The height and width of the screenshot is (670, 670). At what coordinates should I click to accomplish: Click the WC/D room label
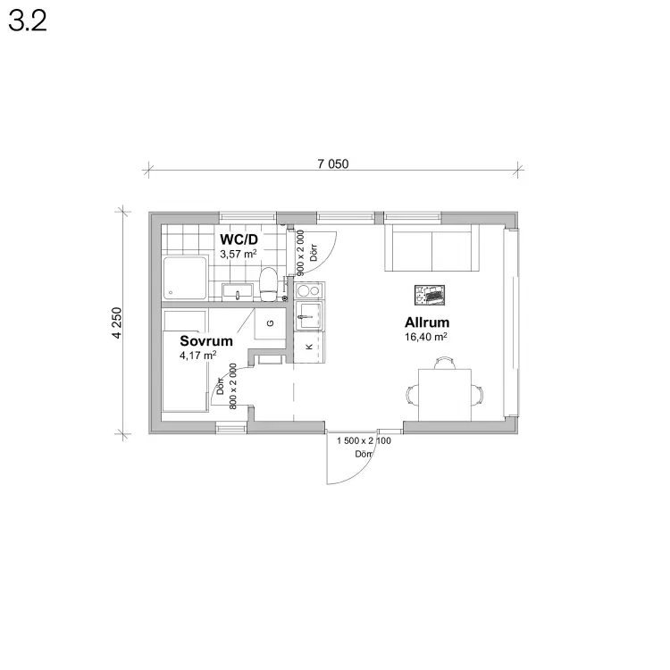point(239,239)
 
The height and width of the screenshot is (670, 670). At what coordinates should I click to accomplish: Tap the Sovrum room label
point(206,341)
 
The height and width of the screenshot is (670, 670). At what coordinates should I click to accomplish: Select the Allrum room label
point(427,322)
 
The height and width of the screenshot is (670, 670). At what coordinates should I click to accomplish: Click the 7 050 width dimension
point(333,163)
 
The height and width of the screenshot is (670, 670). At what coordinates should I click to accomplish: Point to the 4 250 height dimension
point(117,323)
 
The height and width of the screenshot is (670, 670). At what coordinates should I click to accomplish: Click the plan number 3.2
point(28,21)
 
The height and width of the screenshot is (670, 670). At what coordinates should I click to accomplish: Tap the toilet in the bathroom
point(269,284)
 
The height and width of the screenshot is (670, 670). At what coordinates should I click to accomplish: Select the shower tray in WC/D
point(186,278)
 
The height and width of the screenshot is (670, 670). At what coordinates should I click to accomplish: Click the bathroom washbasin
point(238,292)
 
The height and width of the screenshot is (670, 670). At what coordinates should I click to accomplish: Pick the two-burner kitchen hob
point(309,290)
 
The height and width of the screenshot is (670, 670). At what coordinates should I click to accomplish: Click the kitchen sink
point(309,315)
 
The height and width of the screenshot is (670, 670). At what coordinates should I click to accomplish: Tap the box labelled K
point(309,347)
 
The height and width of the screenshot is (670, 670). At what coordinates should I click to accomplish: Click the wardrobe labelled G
point(270,323)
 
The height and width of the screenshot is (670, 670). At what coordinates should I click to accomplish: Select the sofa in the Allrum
point(431,247)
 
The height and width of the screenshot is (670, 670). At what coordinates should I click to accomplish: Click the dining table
point(444,395)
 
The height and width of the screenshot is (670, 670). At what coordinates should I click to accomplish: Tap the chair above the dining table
point(444,363)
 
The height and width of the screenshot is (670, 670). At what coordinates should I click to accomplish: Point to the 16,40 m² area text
point(426,337)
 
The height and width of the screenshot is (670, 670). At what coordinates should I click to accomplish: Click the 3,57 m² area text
point(239,254)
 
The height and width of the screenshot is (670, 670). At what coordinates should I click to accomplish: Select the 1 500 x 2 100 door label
point(364,440)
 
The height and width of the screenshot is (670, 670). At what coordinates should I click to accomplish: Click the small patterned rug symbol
point(430,295)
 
